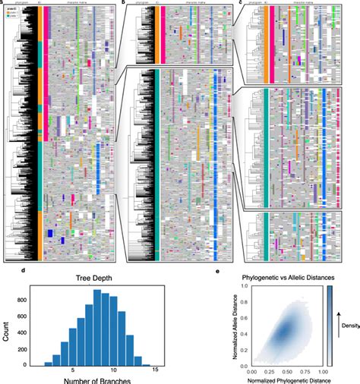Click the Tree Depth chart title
pos(100,277)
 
